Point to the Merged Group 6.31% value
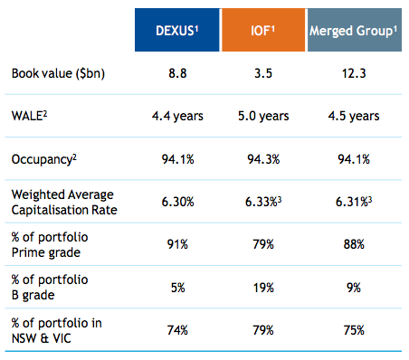click(352, 204)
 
